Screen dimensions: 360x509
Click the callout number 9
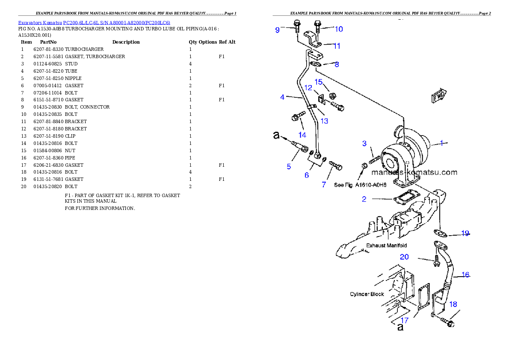[x=277, y=30]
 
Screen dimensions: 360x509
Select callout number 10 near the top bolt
[x=338, y=29]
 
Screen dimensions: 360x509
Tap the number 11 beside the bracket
[x=337, y=46]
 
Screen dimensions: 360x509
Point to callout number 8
[x=337, y=65]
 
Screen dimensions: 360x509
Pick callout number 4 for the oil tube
[x=282, y=97]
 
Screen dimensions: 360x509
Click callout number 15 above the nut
[x=318, y=81]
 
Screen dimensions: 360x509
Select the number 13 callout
[x=324, y=121]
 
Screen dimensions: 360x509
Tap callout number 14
[x=302, y=135]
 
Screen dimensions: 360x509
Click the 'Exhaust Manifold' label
[x=386, y=245]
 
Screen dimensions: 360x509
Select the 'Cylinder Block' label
[x=367, y=294]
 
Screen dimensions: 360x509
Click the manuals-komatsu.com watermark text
[x=414, y=173]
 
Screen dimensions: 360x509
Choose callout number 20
[x=404, y=257]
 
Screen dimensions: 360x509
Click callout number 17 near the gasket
[x=405, y=320]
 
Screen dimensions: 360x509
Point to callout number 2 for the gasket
[x=364, y=199]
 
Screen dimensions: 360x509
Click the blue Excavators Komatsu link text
[x=94, y=23]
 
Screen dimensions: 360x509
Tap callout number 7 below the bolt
[x=324, y=185]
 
